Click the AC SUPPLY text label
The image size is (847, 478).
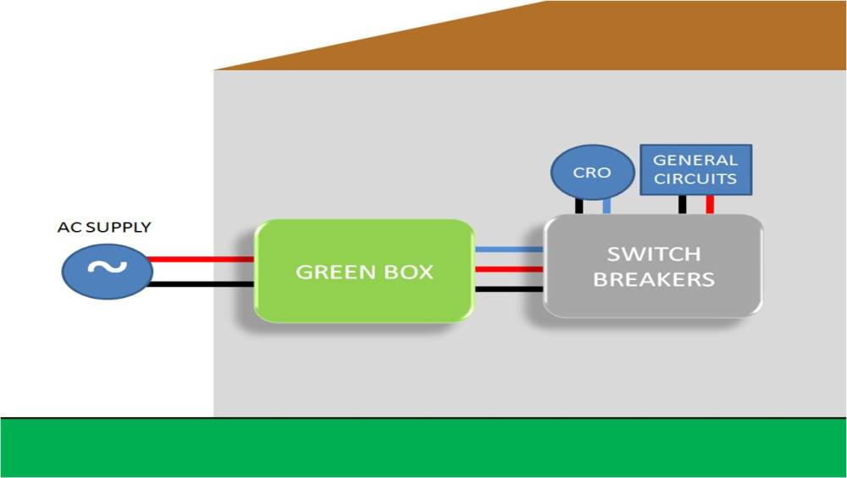coord(104,228)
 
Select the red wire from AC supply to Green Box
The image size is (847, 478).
coord(202,260)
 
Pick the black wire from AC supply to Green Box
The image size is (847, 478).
coord(202,284)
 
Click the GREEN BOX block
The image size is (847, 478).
coord(364,271)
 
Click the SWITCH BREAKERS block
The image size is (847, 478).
coord(653,266)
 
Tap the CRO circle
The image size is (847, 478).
coord(591,173)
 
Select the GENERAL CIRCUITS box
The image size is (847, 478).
coord(695,169)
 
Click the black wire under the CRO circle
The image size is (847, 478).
coord(579,206)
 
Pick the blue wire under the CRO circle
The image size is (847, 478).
coord(606,206)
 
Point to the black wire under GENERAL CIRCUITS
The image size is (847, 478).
coord(682,204)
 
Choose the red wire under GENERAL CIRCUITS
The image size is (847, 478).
coord(710,204)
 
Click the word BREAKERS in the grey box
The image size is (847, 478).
coord(653,279)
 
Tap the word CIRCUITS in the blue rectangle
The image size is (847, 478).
coord(695,179)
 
